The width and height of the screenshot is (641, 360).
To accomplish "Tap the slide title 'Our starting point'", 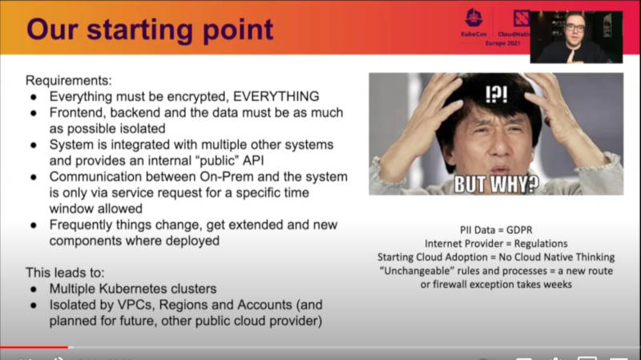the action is [x=150, y=30].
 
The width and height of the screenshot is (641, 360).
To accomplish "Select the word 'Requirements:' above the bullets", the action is [x=69, y=80].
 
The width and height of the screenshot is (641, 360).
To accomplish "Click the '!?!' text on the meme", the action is [x=496, y=94].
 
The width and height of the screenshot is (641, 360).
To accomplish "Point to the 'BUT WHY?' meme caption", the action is [x=496, y=184].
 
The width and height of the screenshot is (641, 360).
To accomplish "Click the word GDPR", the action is [x=519, y=230].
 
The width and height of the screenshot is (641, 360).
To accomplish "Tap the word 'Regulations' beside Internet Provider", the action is [x=541, y=244].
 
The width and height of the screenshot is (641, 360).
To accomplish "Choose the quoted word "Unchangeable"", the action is [x=417, y=271].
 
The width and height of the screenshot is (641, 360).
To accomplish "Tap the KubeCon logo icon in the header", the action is [x=474, y=18].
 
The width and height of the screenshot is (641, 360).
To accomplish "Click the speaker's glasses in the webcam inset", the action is [x=575, y=28].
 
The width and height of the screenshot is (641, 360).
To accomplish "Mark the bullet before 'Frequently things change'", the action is [x=34, y=225].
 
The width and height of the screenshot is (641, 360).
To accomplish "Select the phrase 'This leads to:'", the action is [x=65, y=273].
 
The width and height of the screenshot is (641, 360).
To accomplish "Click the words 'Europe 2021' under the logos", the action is [x=502, y=43].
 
